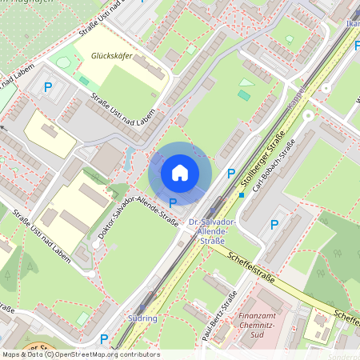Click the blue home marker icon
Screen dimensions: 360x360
tap(180, 172)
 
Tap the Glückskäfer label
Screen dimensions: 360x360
tap(112, 57)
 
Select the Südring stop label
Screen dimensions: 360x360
tap(142, 318)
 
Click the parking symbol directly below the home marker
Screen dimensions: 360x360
tap(173, 202)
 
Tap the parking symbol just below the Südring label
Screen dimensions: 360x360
tap(103, 339)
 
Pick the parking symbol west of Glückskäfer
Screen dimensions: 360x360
tap(48, 87)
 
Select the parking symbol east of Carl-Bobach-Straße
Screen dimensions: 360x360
tap(274, 225)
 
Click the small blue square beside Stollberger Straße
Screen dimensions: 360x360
tap(241, 194)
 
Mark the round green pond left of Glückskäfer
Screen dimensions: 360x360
tap(63, 62)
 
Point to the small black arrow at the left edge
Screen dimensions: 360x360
tap(3, 126)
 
